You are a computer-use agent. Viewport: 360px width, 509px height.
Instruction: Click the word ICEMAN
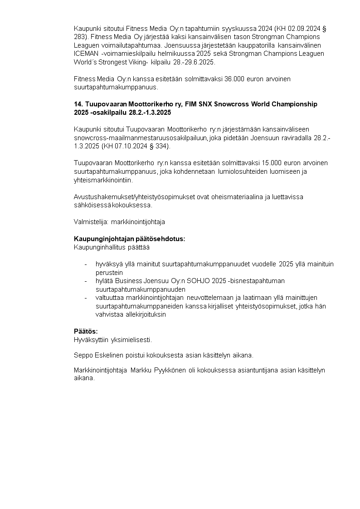pyautogui.click(x=85, y=54)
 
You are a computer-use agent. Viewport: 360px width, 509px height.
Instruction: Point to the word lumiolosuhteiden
pyautogui.click(x=242, y=171)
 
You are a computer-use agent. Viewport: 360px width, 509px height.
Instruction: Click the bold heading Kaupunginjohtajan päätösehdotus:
pyautogui.click(x=129, y=239)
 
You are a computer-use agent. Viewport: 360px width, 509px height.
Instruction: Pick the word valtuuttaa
pyautogui.click(x=109, y=298)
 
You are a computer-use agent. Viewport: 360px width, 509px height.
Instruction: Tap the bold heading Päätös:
pyautogui.click(x=86, y=331)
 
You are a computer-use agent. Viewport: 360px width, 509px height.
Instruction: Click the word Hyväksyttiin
pyautogui.click(x=91, y=339)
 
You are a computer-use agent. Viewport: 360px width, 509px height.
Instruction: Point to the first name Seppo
pyautogui.click(x=83, y=354)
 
